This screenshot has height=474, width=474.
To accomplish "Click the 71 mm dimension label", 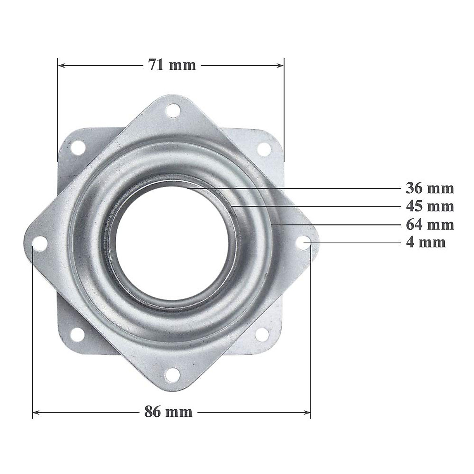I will [x=172, y=65].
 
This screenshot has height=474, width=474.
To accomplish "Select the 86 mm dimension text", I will [x=168, y=412].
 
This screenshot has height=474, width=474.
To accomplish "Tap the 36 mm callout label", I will [x=430, y=188].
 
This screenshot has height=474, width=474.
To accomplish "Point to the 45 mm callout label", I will [x=430, y=206].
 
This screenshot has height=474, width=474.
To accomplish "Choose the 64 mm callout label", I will [x=430, y=225].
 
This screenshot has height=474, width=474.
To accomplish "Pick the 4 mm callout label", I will [x=425, y=242].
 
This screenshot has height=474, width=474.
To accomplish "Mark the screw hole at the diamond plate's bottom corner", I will [x=172, y=374].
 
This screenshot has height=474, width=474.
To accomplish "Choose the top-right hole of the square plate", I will [x=264, y=149].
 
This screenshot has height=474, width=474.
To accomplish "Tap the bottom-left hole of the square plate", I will [x=77, y=335].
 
